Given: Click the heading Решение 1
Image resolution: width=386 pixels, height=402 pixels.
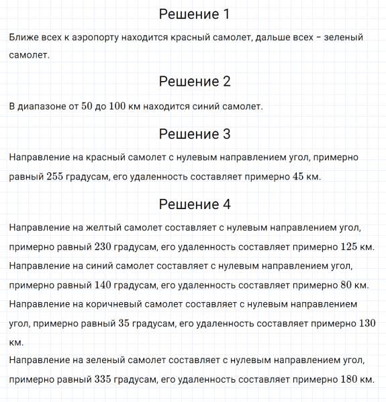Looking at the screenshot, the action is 194,14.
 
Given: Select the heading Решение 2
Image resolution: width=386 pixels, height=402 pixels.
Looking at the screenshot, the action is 194,82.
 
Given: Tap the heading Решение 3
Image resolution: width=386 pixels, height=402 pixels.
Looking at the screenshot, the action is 194,134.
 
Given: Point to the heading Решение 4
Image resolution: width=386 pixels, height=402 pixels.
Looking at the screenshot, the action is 194,204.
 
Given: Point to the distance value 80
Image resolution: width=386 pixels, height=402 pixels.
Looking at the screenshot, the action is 346,285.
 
